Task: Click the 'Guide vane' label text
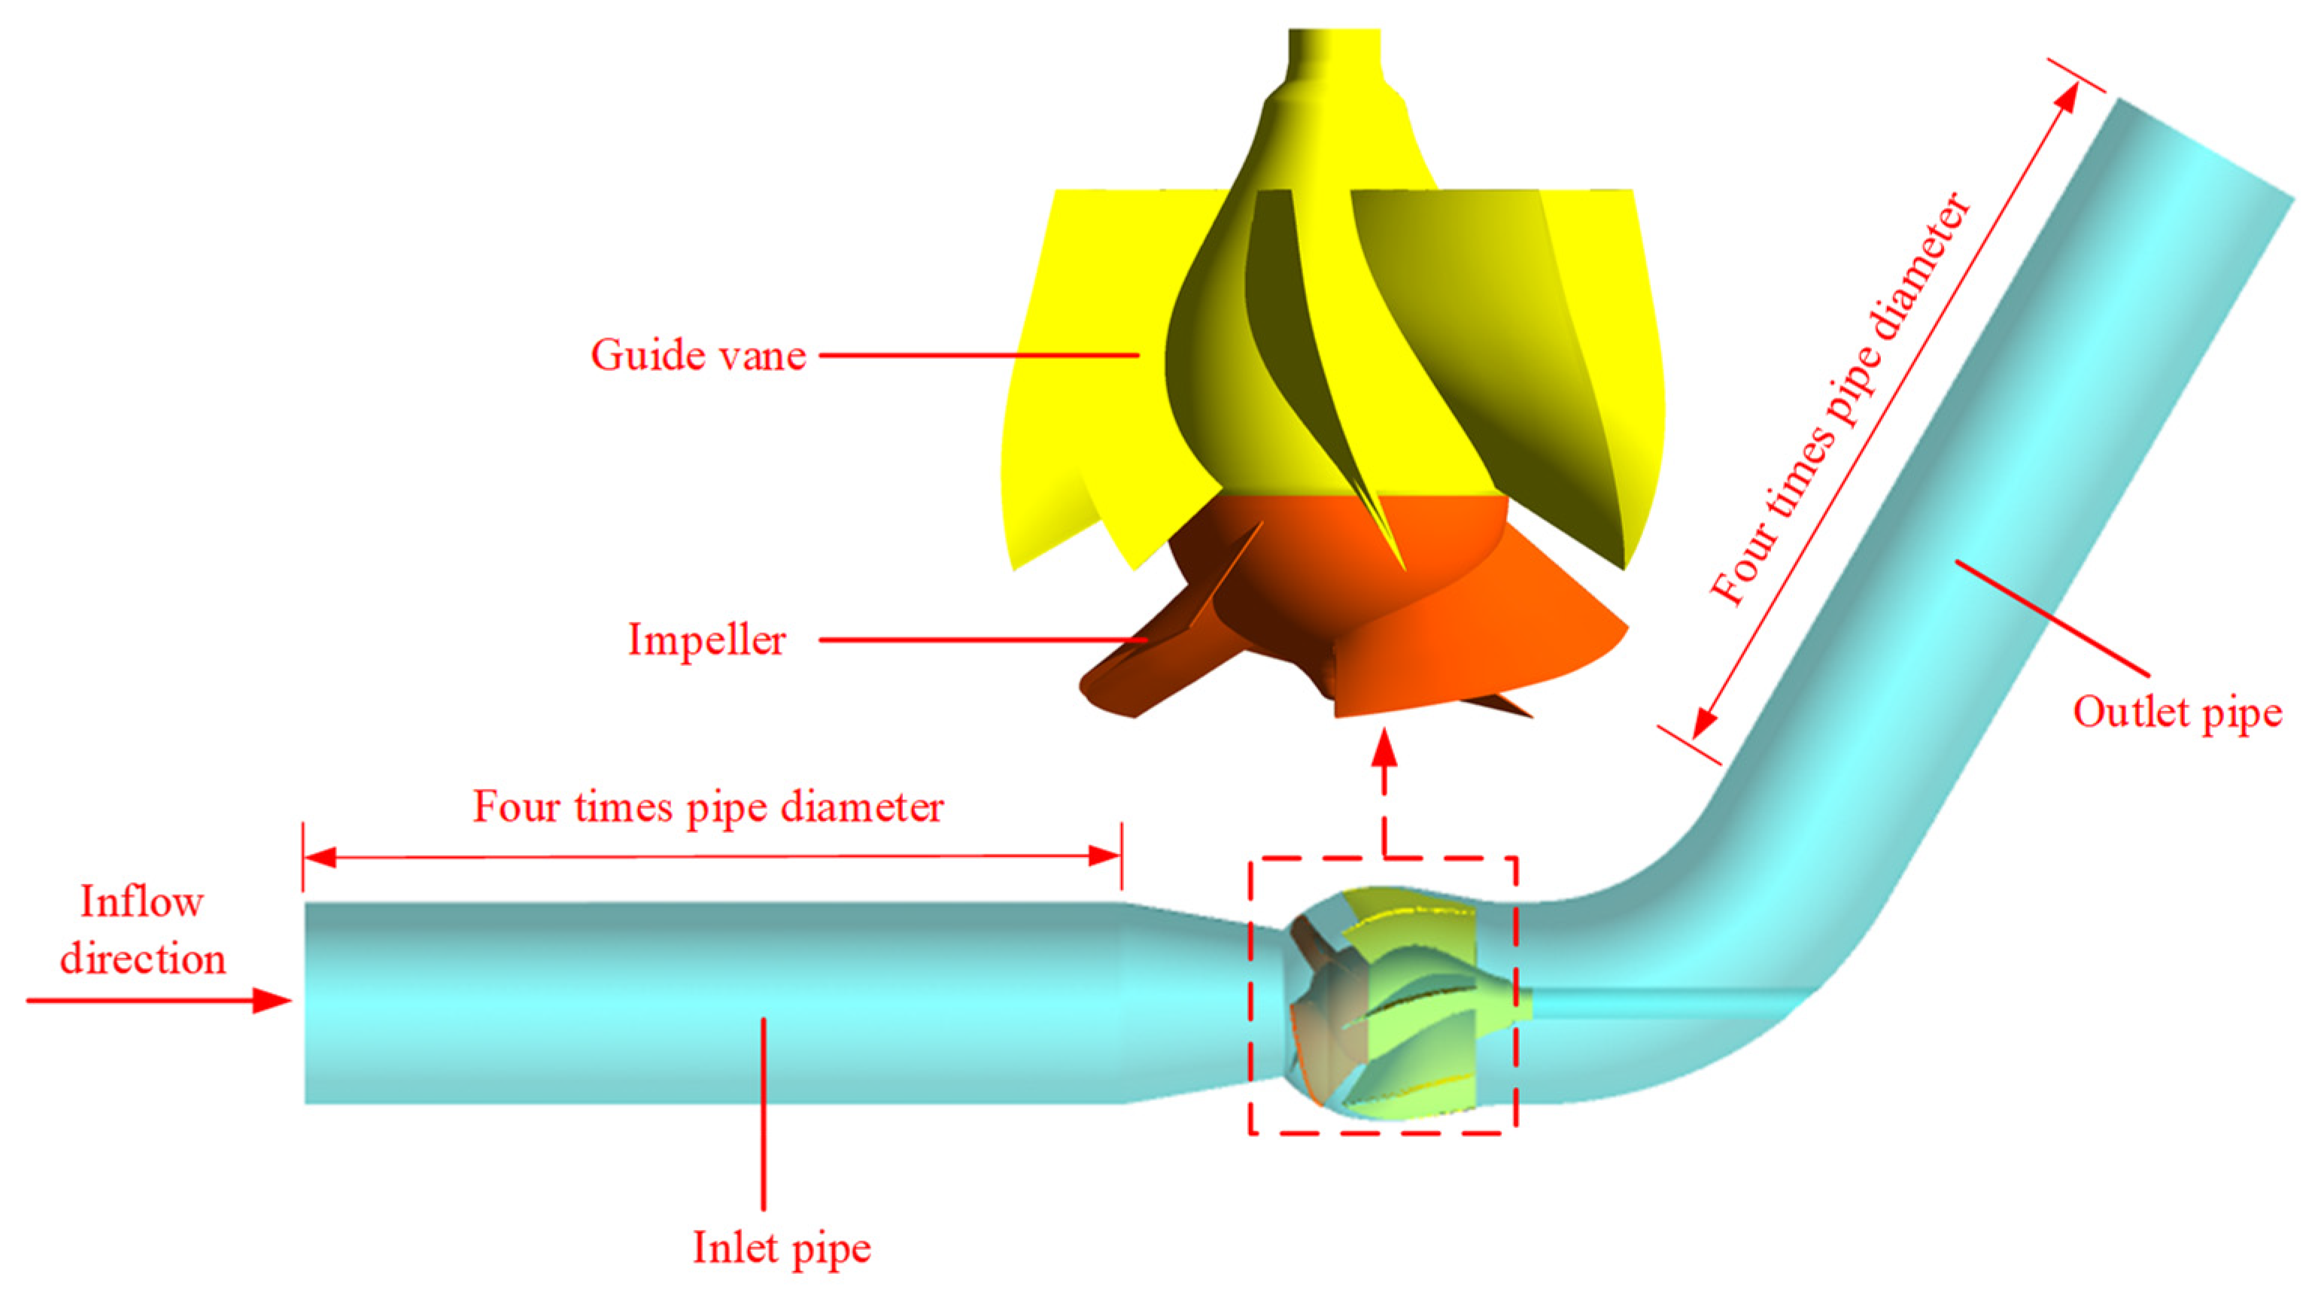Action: [698, 354]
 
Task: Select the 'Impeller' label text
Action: [706, 640]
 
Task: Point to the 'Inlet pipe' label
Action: [781, 1248]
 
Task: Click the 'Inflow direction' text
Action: [142, 929]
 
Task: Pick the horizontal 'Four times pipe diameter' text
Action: [708, 806]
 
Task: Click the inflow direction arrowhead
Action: [272, 1001]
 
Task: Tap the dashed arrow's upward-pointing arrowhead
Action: [1385, 751]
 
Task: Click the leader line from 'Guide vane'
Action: [979, 355]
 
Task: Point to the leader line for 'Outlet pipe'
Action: [2052, 618]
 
